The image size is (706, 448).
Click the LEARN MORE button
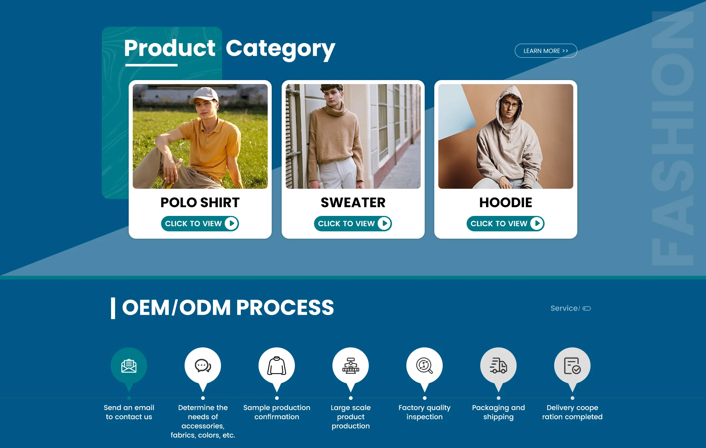tap(546, 51)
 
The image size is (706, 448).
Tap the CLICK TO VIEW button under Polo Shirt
tap(200, 224)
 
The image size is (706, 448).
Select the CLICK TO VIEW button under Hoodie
tap(506, 224)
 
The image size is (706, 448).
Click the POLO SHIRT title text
tap(200, 202)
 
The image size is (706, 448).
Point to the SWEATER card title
tap(353, 202)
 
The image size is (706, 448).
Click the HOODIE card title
tap(506, 202)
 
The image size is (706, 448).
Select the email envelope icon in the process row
tap(129, 366)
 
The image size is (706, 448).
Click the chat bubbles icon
tap(203, 366)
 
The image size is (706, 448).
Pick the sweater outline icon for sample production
tap(277, 366)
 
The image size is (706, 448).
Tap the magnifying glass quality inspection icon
tap(425, 366)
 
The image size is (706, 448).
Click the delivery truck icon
tap(499, 366)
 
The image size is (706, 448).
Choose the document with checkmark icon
tap(573, 366)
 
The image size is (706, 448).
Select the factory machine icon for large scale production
tap(351, 366)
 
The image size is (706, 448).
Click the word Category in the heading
tap(280, 49)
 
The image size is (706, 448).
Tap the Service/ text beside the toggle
tap(565, 308)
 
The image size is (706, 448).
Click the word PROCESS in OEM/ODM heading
tap(285, 307)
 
